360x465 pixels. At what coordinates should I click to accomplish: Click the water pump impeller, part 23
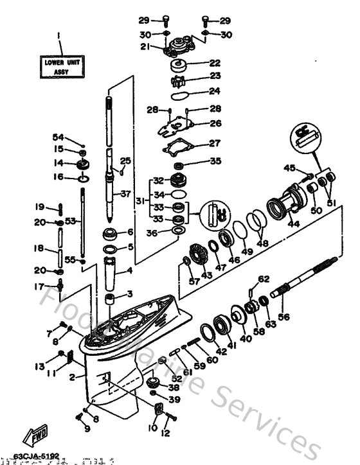click(178, 82)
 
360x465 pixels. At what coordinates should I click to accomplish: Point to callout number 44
click(294, 224)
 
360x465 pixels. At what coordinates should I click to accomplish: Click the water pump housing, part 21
click(178, 46)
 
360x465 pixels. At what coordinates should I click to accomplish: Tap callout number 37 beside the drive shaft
click(125, 193)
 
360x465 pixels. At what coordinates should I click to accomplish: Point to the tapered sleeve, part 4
click(113, 272)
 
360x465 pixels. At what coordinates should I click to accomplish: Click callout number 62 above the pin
click(263, 278)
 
